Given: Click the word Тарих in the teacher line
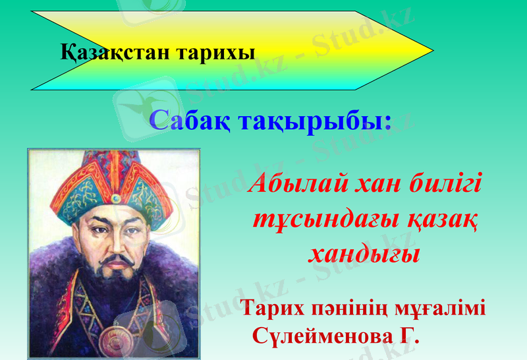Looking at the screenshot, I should (273, 308).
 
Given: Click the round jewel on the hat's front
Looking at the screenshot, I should (116, 197).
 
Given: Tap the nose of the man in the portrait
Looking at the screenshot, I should (115, 245).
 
